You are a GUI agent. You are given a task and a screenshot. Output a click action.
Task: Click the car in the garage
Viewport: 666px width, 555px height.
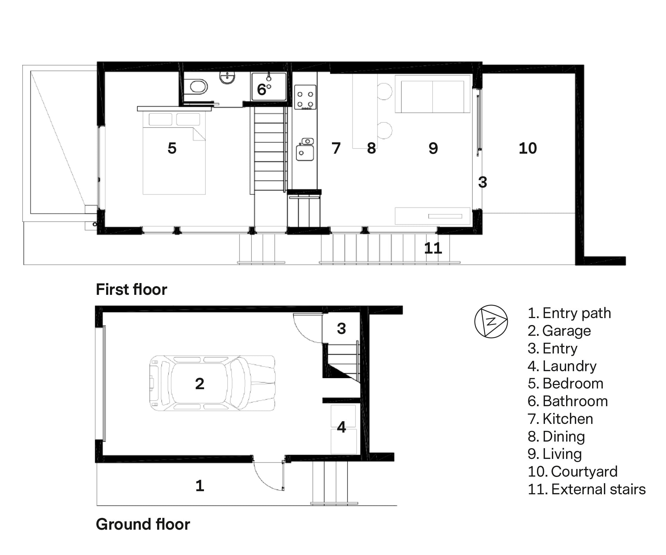coord(212,383)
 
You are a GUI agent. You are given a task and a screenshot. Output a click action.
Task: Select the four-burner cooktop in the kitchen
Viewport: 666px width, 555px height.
coord(305,97)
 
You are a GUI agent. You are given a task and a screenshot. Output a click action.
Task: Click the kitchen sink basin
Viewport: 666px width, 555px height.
coord(305,153)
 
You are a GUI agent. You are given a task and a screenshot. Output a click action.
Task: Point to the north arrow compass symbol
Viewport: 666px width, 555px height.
coord(491,322)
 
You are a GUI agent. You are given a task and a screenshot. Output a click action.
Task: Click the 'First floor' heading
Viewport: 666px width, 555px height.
coord(131,289)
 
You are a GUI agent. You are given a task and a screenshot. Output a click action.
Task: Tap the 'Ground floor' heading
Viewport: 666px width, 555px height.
coord(143,524)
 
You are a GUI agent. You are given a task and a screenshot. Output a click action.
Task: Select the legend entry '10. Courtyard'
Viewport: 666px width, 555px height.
coord(573,471)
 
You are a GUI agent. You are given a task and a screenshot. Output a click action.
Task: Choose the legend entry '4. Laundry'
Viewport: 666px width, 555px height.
coord(562,366)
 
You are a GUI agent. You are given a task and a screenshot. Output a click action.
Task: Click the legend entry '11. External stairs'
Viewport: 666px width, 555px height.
coord(587,489)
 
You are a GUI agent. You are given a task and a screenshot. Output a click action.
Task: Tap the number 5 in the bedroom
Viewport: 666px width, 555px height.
coord(172,148)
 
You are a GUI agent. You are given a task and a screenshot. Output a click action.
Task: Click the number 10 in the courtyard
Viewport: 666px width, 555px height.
coord(528,148)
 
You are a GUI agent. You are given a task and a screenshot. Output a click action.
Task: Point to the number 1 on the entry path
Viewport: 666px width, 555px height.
coord(200,486)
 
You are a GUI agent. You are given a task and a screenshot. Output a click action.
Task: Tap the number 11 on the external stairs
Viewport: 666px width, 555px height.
coord(433,248)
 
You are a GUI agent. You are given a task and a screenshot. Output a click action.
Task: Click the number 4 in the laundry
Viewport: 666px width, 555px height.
coord(342,427)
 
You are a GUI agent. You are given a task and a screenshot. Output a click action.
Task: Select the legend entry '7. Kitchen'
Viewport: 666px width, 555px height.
coord(560,419)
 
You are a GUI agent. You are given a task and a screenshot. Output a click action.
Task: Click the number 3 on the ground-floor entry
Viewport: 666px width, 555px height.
coord(342,328)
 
